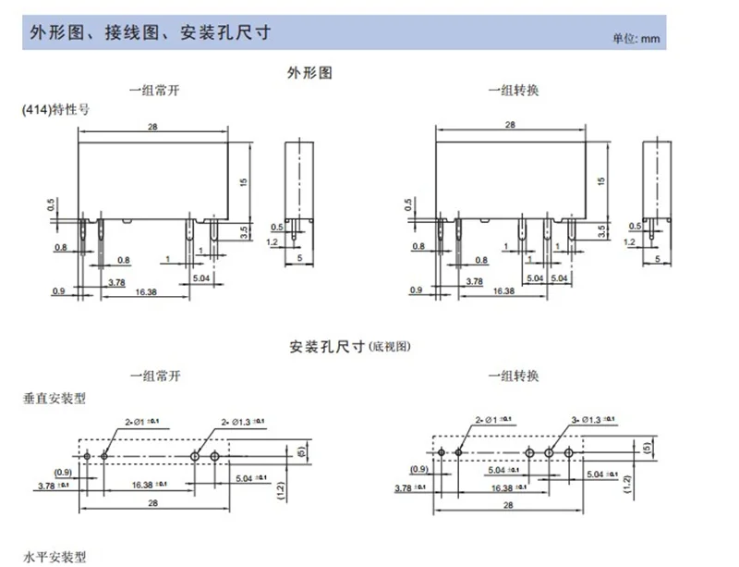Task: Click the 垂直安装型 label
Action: pyautogui.click(x=55, y=399)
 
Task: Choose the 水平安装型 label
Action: pyautogui.click(x=55, y=557)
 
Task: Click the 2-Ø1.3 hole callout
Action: pyautogui.click(x=239, y=421)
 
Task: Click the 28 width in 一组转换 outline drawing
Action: pyautogui.click(x=510, y=125)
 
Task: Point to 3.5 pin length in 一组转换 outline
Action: pyautogui.click(x=601, y=228)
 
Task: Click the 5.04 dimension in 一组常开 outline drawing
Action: pyautogui.click(x=201, y=277)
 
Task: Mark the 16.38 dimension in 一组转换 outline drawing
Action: pyautogui.click(x=503, y=290)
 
